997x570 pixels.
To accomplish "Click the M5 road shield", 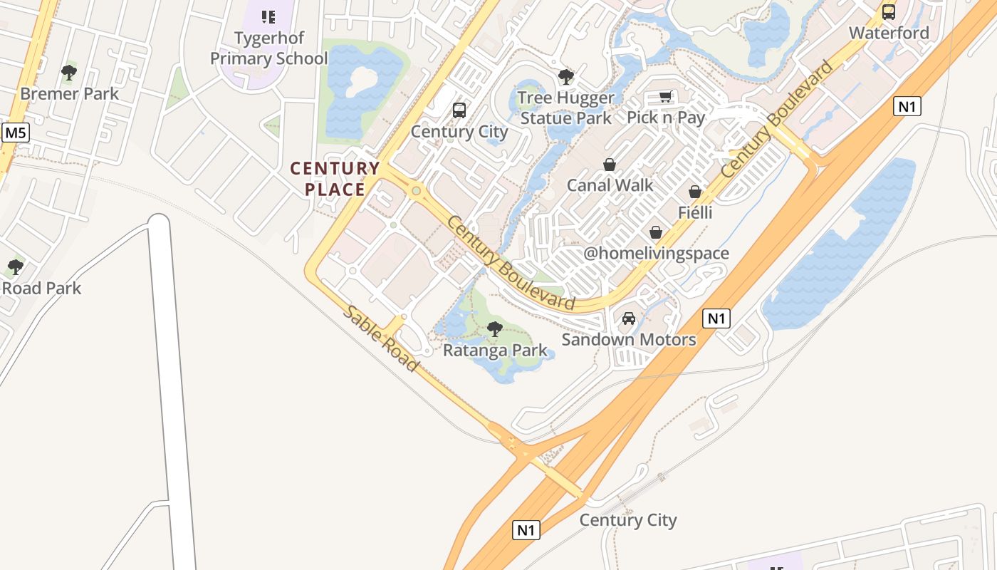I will click(15, 133).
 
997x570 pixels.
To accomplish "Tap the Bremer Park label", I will click(70, 93).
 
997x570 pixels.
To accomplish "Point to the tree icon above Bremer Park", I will click(69, 72).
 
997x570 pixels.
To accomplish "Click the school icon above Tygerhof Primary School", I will click(268, 16).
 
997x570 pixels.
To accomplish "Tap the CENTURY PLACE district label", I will click(335, 179).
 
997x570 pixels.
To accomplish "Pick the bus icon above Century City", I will click(459, 110).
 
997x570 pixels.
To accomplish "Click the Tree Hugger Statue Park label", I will click(566, 108).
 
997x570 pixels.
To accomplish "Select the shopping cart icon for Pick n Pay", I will click(666, 96).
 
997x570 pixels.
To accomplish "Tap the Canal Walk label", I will click(610, 185).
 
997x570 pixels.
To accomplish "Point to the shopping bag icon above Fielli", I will click(695, 192).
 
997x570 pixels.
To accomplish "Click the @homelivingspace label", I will click(656, 254).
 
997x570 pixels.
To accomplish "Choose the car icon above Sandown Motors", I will click(629, 318).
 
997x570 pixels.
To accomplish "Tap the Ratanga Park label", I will click(495, 351).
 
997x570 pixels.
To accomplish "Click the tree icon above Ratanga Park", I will click(494, 329).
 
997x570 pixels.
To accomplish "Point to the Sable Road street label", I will click(381, 338).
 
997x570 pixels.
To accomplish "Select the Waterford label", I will click(889, 33).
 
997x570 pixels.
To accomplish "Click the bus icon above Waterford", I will click(889, 11).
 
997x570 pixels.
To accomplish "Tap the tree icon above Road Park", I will click(15, 267).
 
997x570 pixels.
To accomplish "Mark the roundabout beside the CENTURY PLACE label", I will click(416, 191).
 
